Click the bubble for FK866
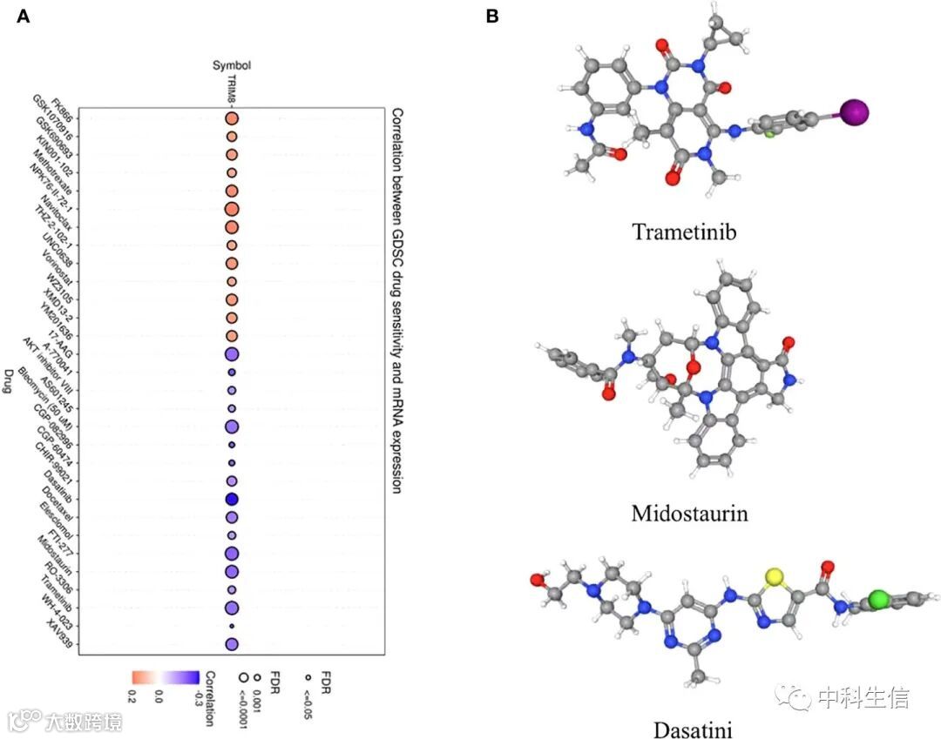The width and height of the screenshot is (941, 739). pyautogui.click(x=232, y=118)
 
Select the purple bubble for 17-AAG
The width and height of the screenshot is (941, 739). pyautogui.click(x=232, y=354)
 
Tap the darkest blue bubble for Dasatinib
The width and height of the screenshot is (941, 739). pyautogui.click(x=232, y=499)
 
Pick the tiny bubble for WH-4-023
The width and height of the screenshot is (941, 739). pyautogui.click(x=232, y=626)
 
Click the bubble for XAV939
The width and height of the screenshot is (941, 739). pyautogui.click(x=232, y=644)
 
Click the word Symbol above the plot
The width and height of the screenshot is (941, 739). pyautogui.click(x=232, y=65)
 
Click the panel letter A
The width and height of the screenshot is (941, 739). pyautogui.click(x=23, y=16)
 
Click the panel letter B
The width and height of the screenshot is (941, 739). pyautogui.click(x=493, y=16)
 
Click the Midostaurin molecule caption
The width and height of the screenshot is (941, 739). pyautogui.click(x=689, y=512)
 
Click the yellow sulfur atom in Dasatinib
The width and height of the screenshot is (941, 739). pyautogui.click(x=773, y=577)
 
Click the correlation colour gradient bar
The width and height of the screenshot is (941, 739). pyautogui.click(x=166, y=675)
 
